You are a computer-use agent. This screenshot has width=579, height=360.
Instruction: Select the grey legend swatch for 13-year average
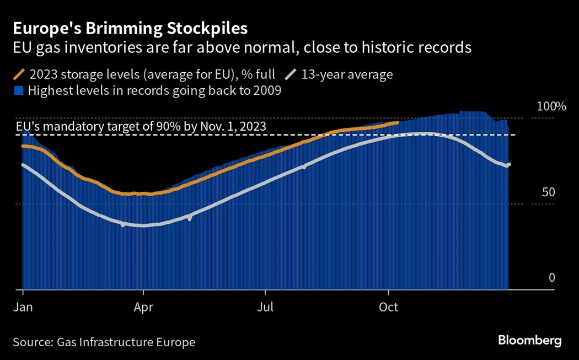pyautogui.click(x=291, y=74)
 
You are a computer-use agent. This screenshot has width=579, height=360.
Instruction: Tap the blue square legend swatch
pyautogui.click(x=19, y=91)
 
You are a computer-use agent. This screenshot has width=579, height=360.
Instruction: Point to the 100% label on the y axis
pyautogui.click(x=551, y=106)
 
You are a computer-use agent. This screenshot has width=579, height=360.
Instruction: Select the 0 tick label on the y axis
pyautogui.click(x=551, y=278)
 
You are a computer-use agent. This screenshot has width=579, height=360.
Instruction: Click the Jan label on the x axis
pyautogui.click(x=23, y=307)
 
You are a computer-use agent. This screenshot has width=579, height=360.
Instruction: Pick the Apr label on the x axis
pyautogui.click(x=143, y=307)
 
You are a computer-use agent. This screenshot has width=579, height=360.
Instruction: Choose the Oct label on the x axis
pyautogui.click(x=389, y=307)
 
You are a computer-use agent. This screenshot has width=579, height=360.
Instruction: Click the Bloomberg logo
pyautogui.click(x=529, y=340)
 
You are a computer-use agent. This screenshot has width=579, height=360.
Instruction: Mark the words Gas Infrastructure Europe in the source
pyautogui.click(x=126, y=342)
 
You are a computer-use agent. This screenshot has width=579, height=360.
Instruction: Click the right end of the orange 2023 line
pyautogui.click(x=398, y=122)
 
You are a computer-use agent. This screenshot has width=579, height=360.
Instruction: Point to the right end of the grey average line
pyautogui.click(x=508, y=164)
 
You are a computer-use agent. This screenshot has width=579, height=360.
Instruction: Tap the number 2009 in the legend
pyautogui.click(x=267, y=91)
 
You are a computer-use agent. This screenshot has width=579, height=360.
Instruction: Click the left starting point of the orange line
pyautogui.click(x=23, y=146)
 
